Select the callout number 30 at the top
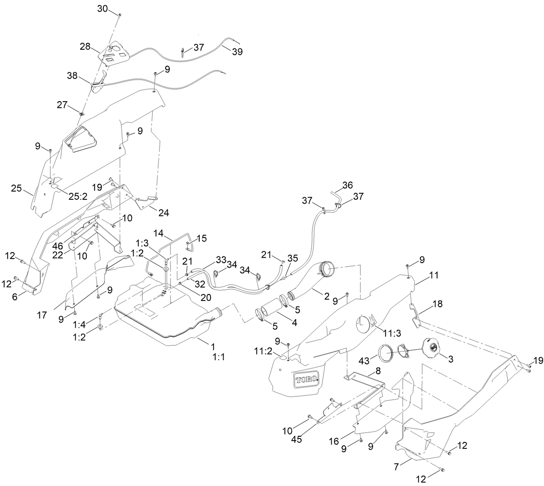pyautogui.click(x=102, y=9)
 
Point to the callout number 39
pyautogui.click(x=237, y=51)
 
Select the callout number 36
pyautogui.click(x=348, y=185)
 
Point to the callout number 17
pyautogui.click(x=42, y=315)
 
